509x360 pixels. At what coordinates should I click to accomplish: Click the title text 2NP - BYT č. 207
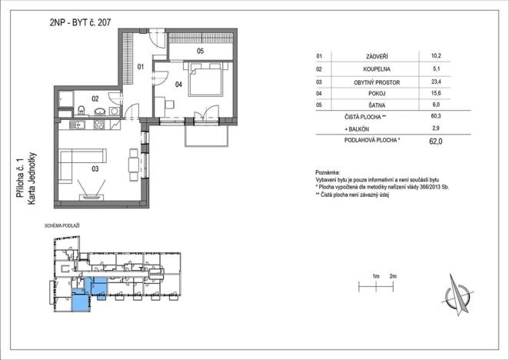click(78, 22)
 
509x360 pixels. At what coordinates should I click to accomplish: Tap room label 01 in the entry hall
click(141, 67)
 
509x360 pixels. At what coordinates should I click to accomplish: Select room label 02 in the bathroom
click(96, 98)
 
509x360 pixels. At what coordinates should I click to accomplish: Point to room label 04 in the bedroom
click(178, 85)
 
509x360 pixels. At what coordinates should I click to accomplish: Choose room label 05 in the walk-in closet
click(199, 52)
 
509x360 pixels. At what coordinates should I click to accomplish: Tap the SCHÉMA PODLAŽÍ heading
click(63, 226)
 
